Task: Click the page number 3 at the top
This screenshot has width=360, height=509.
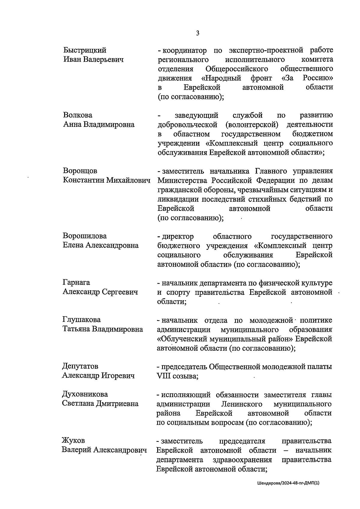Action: click(197, 33)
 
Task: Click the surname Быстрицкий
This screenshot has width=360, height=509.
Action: click(85, 50)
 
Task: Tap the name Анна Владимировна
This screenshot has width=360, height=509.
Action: click(99, 124)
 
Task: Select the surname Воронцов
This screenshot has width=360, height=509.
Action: click(80, 171)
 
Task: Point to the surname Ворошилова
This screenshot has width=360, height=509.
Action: click(85, 236)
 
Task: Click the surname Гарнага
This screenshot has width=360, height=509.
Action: click(76, 283)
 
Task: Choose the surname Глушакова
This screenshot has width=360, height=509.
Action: click(82, 320)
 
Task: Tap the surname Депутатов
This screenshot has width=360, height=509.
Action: click(80, 366)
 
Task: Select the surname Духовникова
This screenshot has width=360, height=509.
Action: click(85, 394)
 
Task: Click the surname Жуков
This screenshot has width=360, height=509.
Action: click(73, 441)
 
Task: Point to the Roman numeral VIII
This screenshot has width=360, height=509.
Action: click(163, 376)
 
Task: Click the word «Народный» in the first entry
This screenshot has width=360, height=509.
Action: click(221, 78)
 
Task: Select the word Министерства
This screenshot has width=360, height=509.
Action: click(183, 180)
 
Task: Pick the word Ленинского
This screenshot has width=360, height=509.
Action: click(242, 404)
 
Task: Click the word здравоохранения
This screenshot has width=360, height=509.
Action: click(242, 460)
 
